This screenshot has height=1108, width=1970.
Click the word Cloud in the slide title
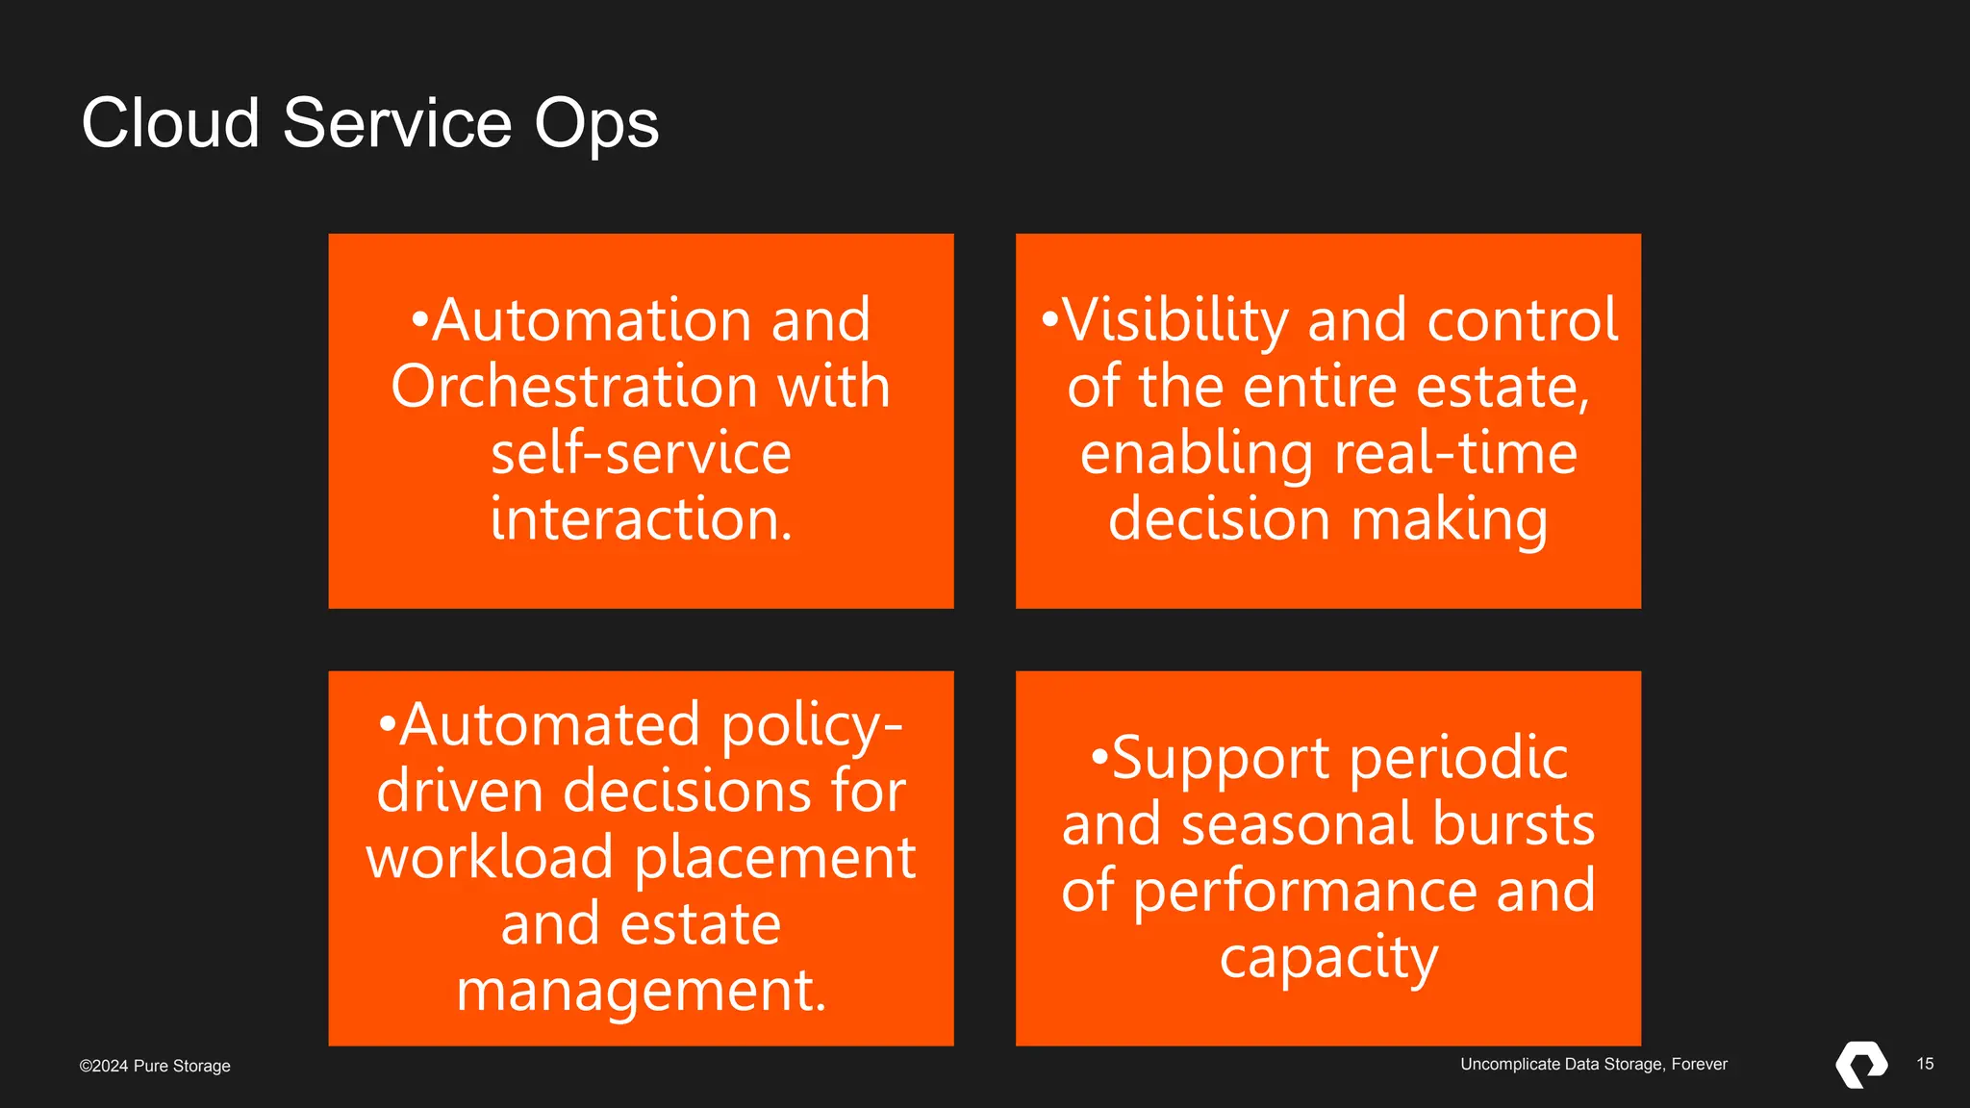point(170,123)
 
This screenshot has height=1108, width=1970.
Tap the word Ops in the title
point(596,125)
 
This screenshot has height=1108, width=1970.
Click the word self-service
point(641,453)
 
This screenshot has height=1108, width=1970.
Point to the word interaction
point(641,519)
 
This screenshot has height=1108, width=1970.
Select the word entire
point(1321,387)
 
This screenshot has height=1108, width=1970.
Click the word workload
point(490,857)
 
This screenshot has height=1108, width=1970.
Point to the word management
point(641,991)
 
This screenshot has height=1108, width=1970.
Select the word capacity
point(1328,958)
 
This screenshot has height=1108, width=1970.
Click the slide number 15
point(1925,1064)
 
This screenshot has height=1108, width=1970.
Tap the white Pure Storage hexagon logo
point(1861,1064)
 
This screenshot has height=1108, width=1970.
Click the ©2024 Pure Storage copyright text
point(155,1066)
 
